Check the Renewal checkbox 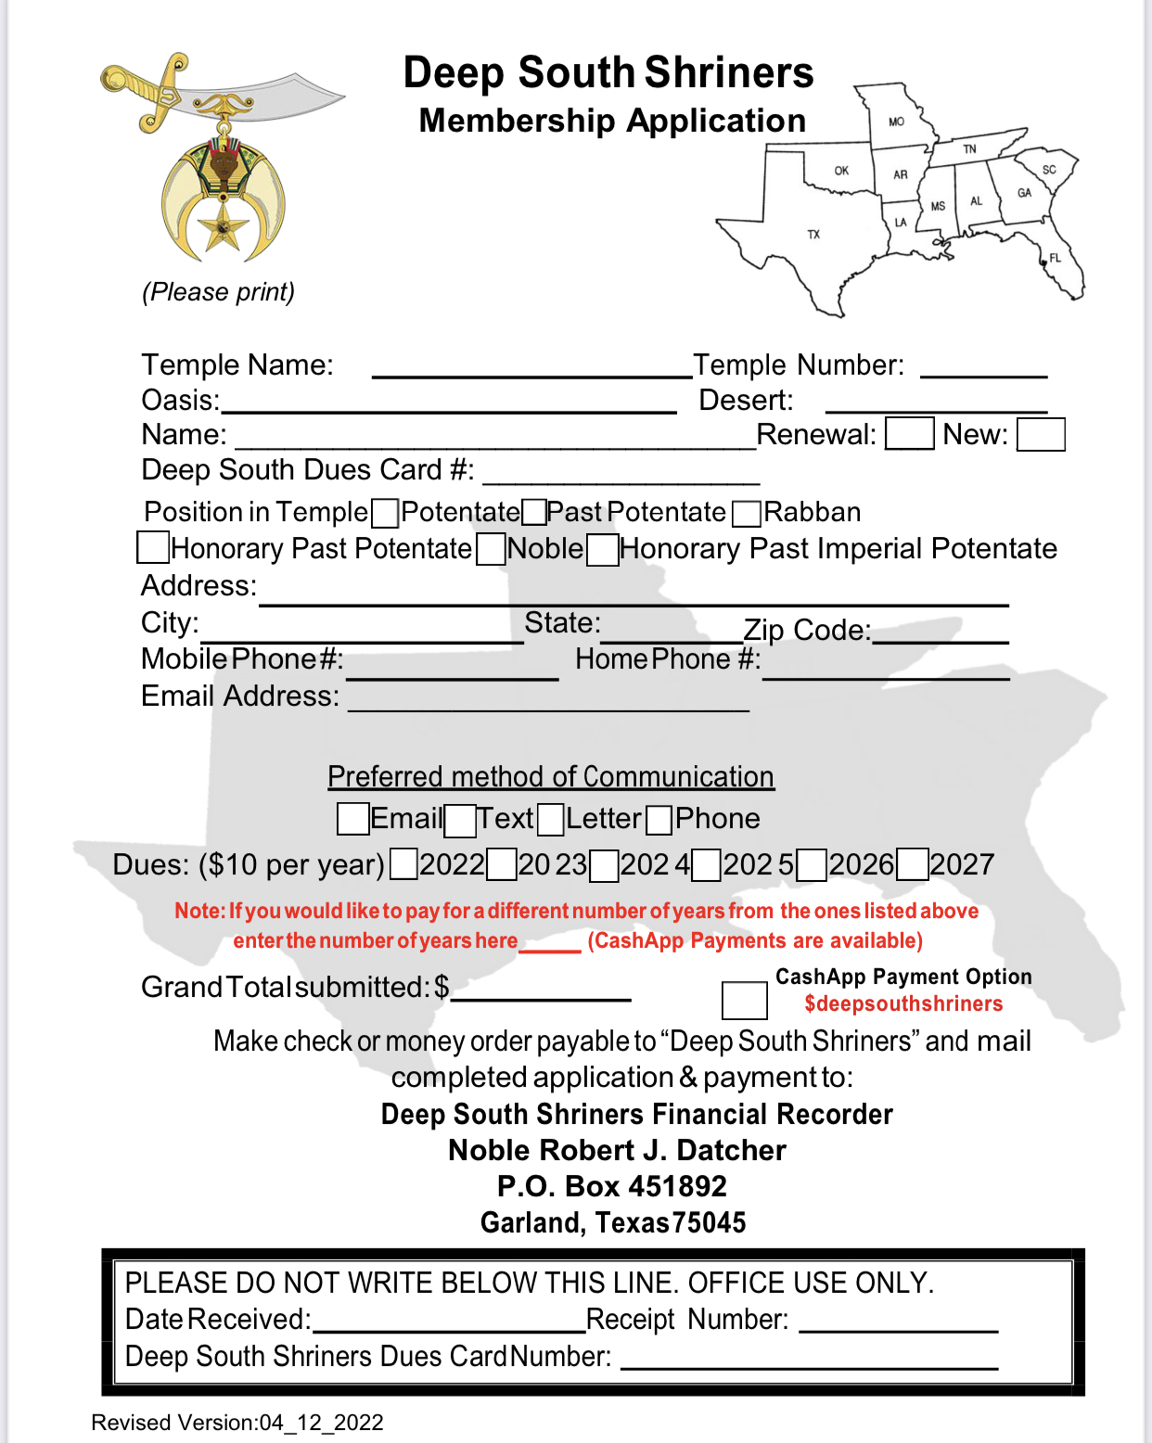[x=909, y=434]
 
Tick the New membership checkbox [x=1040, y=434]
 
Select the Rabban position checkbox [x=747, y=513]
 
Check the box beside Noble [x=491, y=549]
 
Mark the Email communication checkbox [x=352, y=819]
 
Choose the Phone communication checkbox [x=659, y=820]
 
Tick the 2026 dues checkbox [x=812, y=865]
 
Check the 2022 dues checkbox [x=403, y=864]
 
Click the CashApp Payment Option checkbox [x=744, y=1001]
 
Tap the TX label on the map [x=813, y=235]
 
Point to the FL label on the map [x=1056, y=258]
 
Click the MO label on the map [x=896, y=121]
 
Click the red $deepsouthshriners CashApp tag [x=903, y=1004]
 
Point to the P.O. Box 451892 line [x=612, y=1186]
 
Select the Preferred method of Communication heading [x=551, y=776]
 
